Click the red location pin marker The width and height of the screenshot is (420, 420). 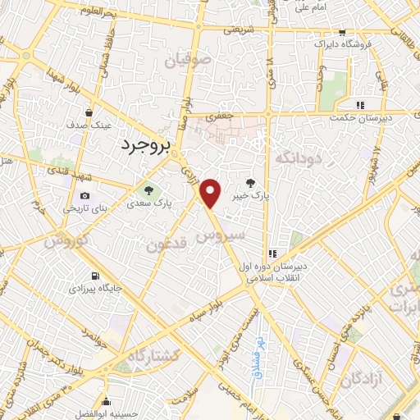pyautogui.click(x=211, y=193)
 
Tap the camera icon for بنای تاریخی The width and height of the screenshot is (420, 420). pyautogui.click(x=85, y=195)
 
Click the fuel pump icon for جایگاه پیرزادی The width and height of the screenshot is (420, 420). pyautogui.click(x=97, y=276)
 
